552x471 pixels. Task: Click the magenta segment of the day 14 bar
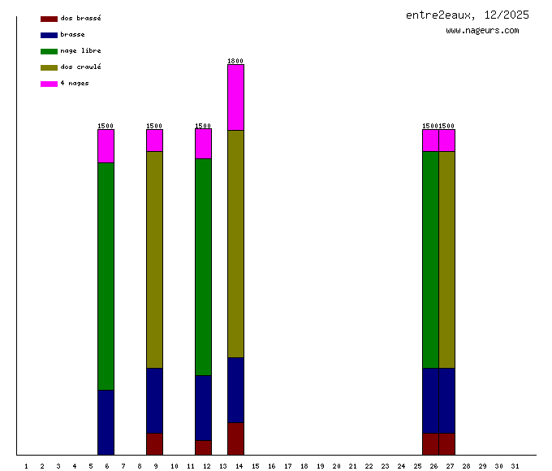point(235,97)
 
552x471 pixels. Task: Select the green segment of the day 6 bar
point(106,276)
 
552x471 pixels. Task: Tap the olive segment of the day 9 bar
point(154,260)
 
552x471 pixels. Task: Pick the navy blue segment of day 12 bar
point(203,408)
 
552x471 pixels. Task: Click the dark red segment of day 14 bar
point(235,439)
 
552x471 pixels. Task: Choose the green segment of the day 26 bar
point(430,260)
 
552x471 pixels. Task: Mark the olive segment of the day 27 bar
point(446,260)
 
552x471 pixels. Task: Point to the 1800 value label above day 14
point(235,61)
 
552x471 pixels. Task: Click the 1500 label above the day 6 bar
point(106,126)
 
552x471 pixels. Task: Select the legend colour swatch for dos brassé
point(49,19)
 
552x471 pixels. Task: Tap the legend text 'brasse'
point(72,35)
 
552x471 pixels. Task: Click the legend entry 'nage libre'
point(80,51)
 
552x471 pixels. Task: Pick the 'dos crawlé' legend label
point(80,67)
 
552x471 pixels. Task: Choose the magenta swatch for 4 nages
point(49,84)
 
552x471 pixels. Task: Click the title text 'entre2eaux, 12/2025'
point(468,15)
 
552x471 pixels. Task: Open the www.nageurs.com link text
point(482,31)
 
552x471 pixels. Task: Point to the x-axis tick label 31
point(515,466)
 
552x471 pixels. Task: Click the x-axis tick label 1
point(26,466)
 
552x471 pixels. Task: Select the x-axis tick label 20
point(336,466)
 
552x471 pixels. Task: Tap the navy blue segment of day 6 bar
point(106,422)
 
